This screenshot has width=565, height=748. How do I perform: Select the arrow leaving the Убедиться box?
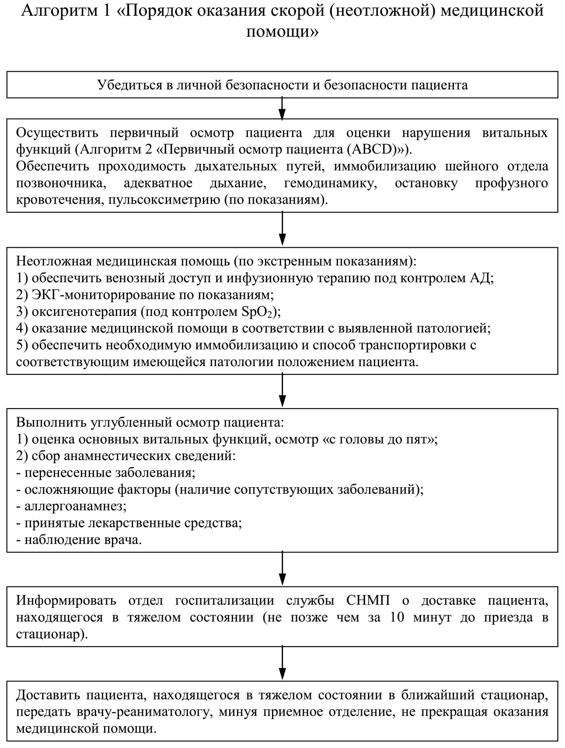click(x=282, y=108)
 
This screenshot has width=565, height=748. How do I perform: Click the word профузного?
click(x=512, y=183)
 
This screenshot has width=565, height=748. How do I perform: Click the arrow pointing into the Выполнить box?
click(x=282, y=391)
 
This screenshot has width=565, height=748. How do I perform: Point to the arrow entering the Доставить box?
click(x=282, y=663)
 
